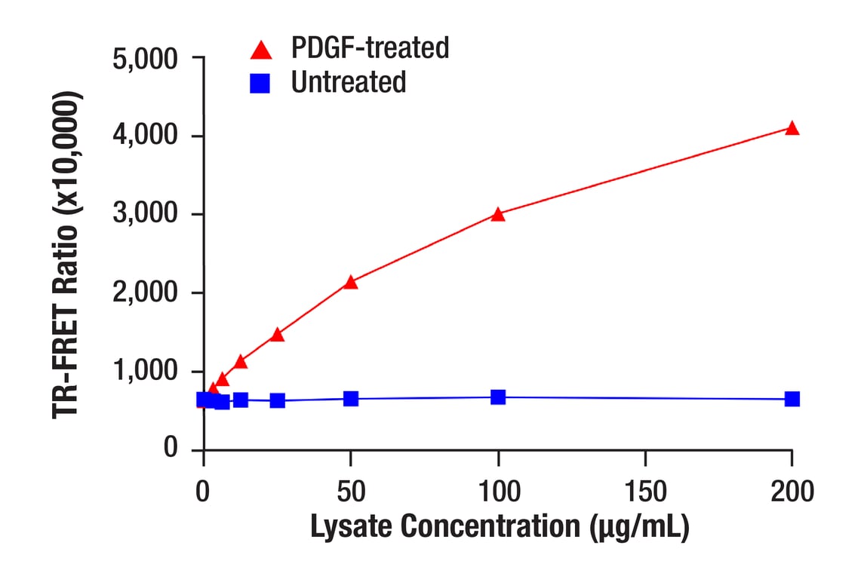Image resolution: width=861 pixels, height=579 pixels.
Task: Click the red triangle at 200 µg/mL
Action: click(x=792, y=128)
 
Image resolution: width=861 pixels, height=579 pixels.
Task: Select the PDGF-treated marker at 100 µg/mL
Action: click(x=498, y=214)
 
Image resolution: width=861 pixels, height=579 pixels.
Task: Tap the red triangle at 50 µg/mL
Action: click(x=350, y=282)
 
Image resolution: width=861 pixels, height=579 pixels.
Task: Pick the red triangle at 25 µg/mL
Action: click(x=277, y=334)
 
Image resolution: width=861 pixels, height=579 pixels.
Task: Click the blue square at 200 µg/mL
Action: click(x=792, y=399)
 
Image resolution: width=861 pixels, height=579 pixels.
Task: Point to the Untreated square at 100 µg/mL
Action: click(x=498, y=397)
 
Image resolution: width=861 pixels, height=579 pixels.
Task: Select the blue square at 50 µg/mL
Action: click(x=350, y=399)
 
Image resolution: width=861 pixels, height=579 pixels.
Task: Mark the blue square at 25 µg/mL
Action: click(x=277, y=400)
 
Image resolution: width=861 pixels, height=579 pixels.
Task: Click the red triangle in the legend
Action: click(x=261, y=51)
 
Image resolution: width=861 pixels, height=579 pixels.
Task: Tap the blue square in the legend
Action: click(x=261, y=83)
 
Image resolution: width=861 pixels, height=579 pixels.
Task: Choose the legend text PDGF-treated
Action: click(x=370, y=48)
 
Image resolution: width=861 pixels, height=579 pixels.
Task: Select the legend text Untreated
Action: click(x=349, y=81)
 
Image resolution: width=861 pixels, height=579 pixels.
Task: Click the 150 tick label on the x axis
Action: click(x=645, y=492)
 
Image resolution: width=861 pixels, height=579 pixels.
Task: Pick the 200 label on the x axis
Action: click(x=792, y=492)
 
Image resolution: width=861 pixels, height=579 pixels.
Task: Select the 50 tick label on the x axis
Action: click(x=350, y=492)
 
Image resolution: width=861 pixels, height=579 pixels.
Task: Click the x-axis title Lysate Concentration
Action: click(x=500, y=527)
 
